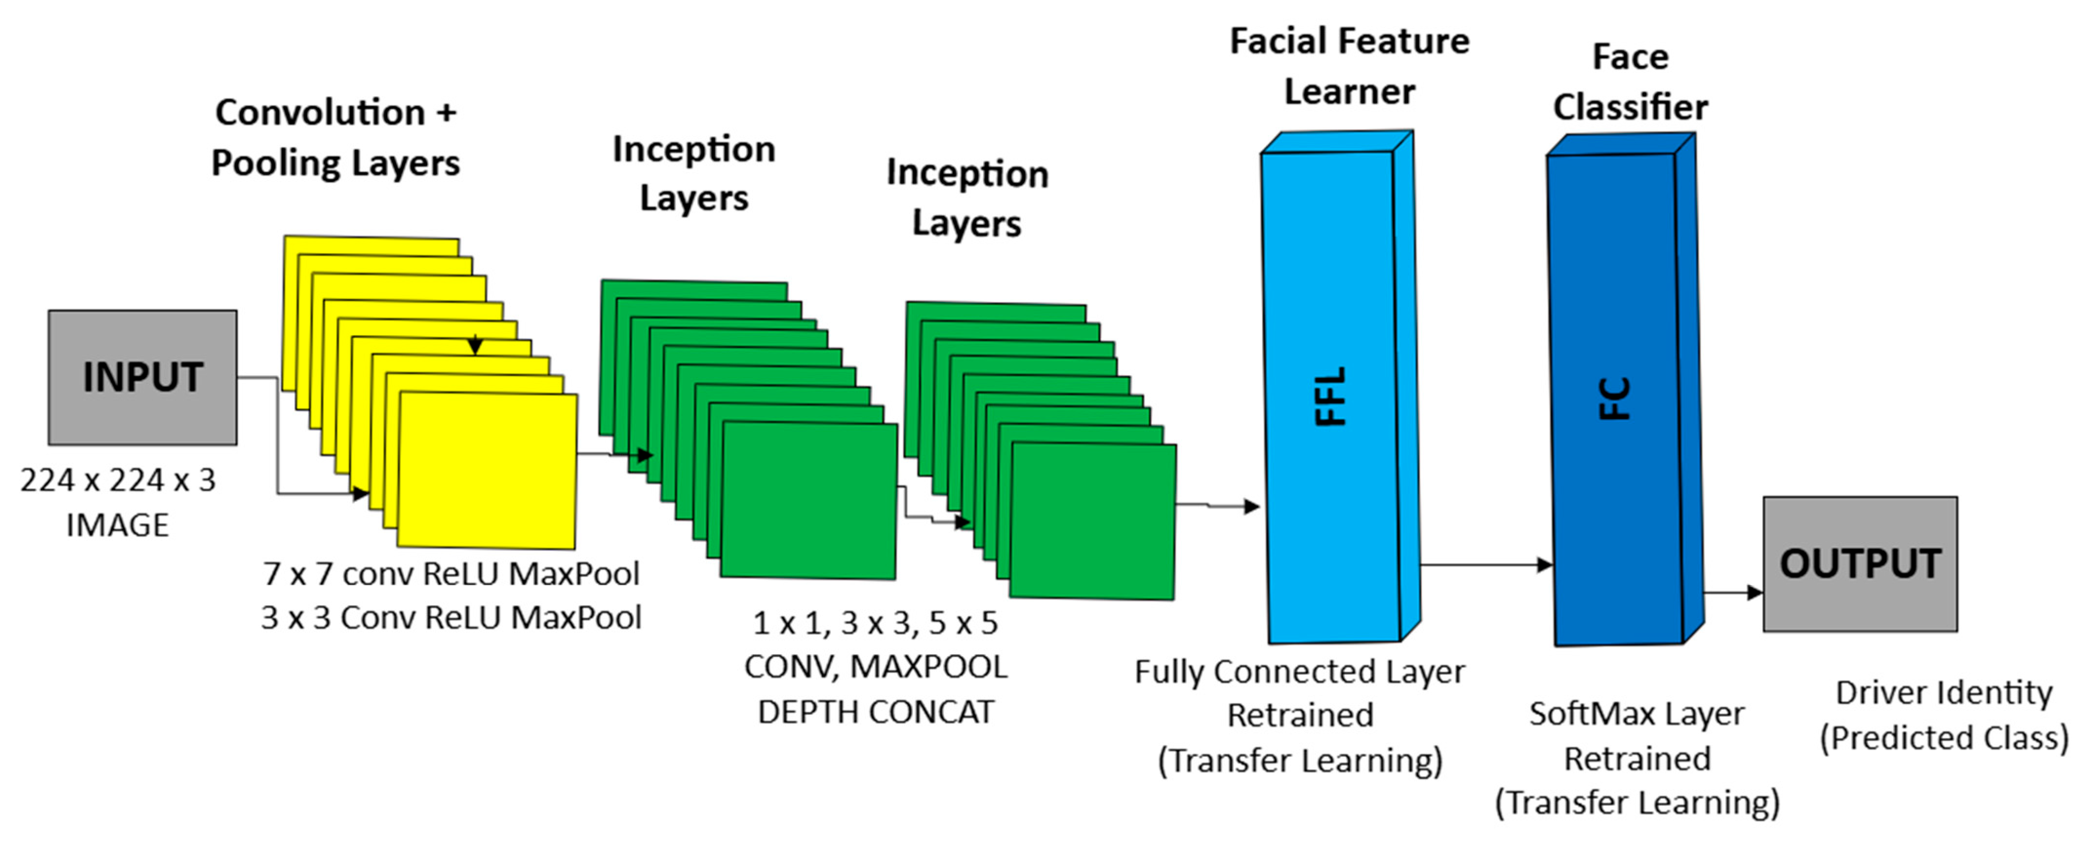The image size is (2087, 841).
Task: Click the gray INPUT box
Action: click(x=142, y=378)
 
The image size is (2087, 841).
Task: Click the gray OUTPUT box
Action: click(x=1860, y=564)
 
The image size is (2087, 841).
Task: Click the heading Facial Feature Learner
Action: click(x=1349, y=66)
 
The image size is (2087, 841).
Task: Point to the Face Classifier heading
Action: click(x=1630, y=82)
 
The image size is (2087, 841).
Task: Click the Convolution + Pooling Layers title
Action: click(x=335, y=137)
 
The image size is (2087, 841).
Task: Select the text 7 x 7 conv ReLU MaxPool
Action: click(x=451, y=574)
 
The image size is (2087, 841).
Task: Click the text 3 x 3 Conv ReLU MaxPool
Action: click(x=451, y=618)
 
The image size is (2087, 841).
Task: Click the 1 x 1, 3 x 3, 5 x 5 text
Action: click(x=875, y=623)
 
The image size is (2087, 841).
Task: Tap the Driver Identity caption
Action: click(x=1944, y=694)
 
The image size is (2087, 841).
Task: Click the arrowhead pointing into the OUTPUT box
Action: click(x=1755, y=593)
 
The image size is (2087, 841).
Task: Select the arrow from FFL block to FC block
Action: click(x=1487, y=565)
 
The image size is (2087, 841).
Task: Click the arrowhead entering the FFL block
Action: click(x=1252, y=507)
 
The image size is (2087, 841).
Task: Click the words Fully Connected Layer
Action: click(x=1299, y=672)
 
